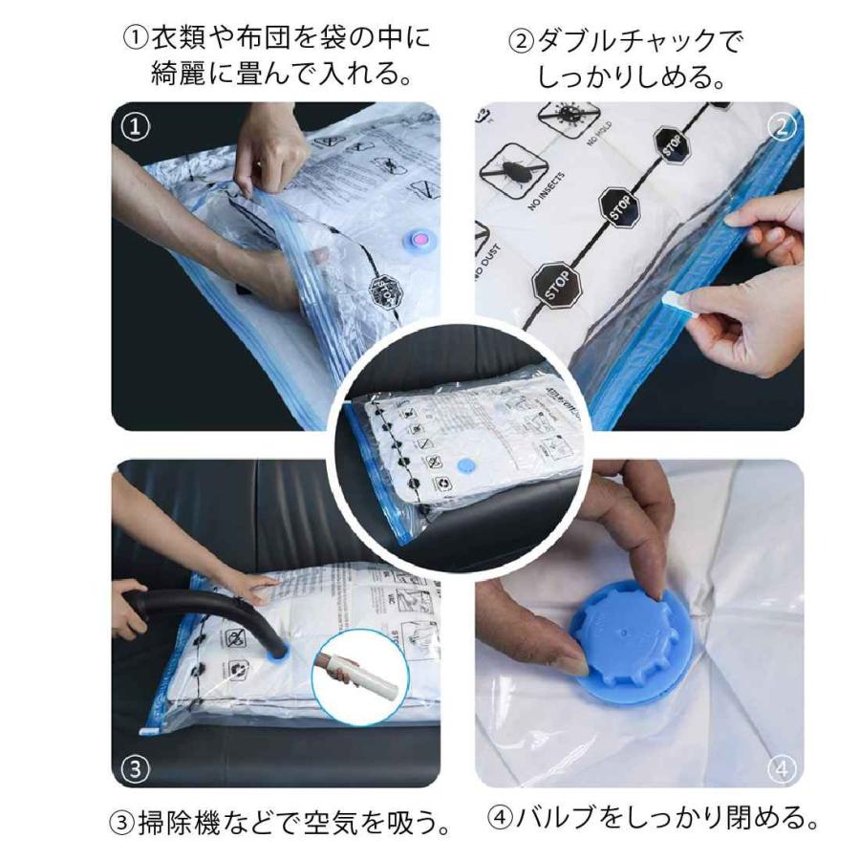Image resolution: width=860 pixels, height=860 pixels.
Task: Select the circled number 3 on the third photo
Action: [136, 766]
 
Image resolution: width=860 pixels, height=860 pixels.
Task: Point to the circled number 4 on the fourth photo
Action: [781, 766]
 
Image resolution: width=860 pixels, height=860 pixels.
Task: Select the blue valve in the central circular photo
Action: [465, 465]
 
